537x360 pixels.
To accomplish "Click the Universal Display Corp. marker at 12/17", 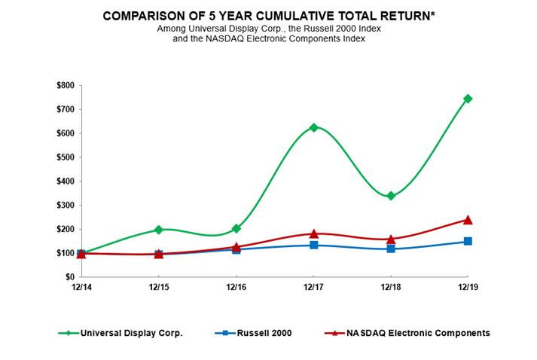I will click(x=313, y=127).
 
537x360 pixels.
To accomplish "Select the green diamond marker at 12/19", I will click(x=468, y=99).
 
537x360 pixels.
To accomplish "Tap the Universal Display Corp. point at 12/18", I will click(x=391, y=196).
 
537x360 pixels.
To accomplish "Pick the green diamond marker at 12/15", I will click(x=158, y=230).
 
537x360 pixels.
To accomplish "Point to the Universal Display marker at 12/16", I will click(x=236, y=228).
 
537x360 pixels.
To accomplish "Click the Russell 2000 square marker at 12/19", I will click(x=468, y=241).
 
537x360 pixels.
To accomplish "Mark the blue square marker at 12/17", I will click(x=313, y=245).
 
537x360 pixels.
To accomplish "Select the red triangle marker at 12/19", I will click(x=468, y=220).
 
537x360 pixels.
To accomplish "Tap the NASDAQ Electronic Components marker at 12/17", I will click(x=313, y=233).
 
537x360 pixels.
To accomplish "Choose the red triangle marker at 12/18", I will click(x=391, y=239).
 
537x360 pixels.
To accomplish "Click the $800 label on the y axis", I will click(x=65, y=85).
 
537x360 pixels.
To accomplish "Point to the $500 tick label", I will click(x=65, y=157).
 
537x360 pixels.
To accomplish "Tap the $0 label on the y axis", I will click(x=69, y=276).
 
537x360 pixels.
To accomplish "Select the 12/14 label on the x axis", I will click(x=81, y=288).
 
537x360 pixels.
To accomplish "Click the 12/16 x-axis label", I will click(x=236, y=288).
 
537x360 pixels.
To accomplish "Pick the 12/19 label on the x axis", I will click(x=468, y=288).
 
